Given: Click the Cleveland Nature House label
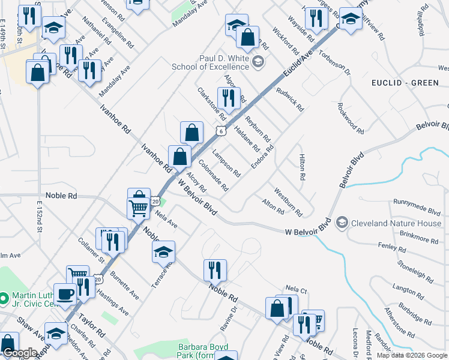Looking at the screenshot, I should pos(396,223).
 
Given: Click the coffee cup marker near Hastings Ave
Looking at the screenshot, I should pos(65,295).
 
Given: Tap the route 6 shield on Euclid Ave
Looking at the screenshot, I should pos(222,131).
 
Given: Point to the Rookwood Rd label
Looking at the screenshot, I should pos(351,118).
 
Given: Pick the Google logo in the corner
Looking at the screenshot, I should pos(20,353).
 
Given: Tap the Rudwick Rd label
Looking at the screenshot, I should pos(290,99).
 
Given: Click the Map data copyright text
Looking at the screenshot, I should pos(412,355).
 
